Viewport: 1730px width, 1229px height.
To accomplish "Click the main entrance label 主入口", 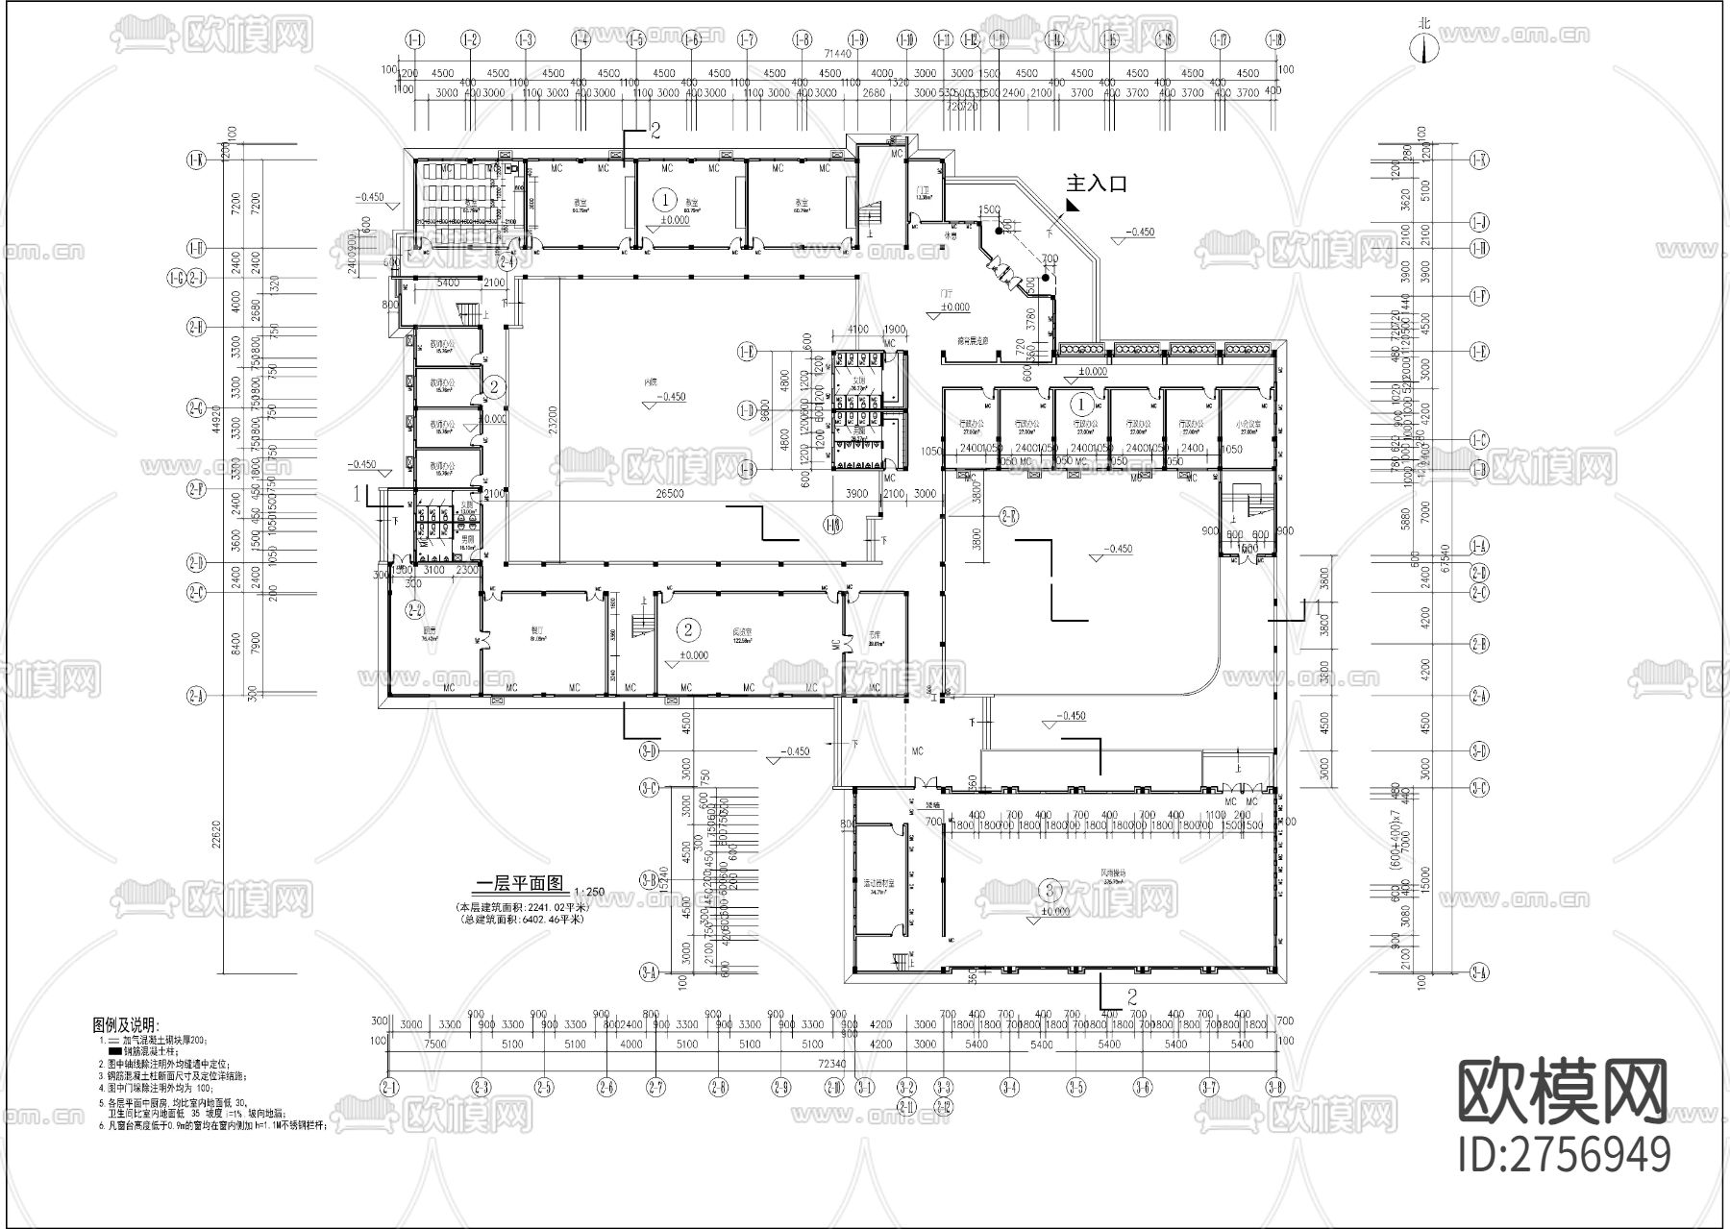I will click(x=1097, y=184).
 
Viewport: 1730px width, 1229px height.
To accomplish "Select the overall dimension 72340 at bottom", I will click(x=832, y=1065).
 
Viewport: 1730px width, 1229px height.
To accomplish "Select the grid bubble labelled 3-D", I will click(x=649, y=750).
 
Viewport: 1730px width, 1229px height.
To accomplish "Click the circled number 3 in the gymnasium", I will click(x=1050, y=888).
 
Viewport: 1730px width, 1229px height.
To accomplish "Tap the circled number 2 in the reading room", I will click(x=688, y=629).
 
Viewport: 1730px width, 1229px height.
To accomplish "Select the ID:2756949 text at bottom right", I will click(x=1564, y=1153).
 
